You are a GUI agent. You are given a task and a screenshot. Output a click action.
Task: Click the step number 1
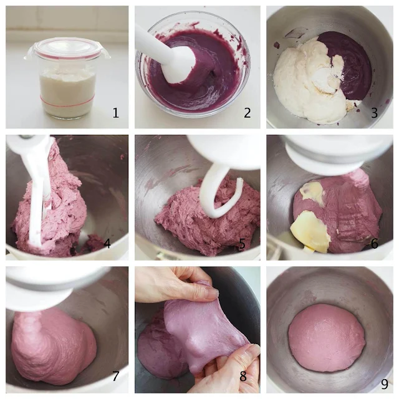(116, 113)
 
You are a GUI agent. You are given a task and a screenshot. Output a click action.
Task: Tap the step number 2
(247, 113)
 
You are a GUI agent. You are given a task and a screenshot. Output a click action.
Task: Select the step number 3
(374, 113)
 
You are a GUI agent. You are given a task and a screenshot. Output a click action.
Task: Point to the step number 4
(107, 244)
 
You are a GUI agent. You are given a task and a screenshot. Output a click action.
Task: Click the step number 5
(242, 244)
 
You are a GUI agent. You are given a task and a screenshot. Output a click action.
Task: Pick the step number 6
(374, 244)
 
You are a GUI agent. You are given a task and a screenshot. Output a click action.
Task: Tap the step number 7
(116, 376)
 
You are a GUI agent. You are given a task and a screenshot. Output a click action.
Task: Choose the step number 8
(243, 376)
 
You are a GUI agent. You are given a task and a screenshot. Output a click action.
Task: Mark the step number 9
(385, 384)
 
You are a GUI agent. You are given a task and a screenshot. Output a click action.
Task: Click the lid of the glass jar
(67, 49)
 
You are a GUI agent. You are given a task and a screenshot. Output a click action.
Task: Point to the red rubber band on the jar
(67, 101)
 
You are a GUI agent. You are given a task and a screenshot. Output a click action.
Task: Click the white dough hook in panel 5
(219, 193)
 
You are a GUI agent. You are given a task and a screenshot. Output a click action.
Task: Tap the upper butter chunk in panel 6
(312, 192)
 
